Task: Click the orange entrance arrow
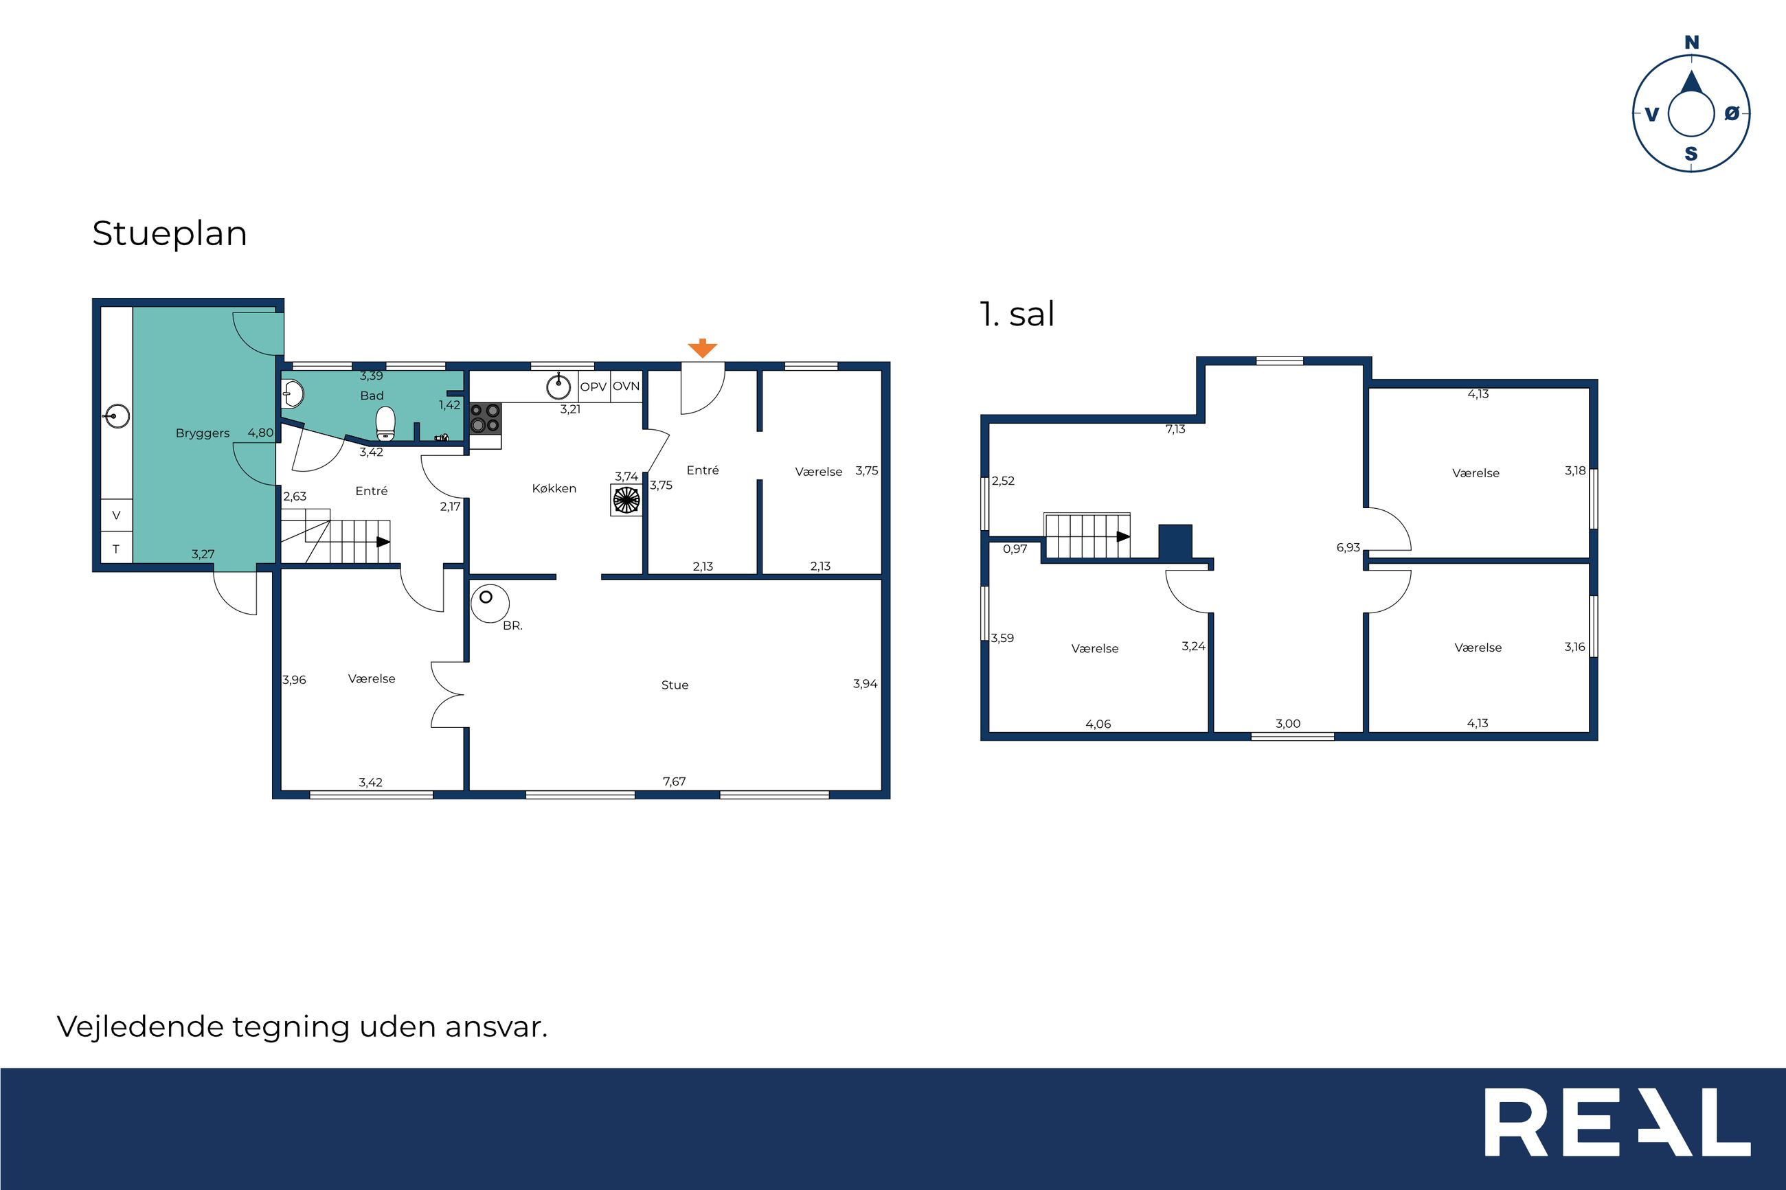[x=702, y=348]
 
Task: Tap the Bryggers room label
[x=202, y=433]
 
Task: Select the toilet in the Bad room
[x=385, y=424]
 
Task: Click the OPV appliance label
[x=593, y=387]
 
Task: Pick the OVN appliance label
[x=626, y=387]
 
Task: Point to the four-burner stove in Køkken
[x=485, y=417]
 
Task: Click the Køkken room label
[x=554, y=489]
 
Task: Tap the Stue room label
[x=675, y=685]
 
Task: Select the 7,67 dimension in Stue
[x=674, y=781]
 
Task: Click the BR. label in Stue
[x=513, y=626]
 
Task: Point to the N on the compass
[x=1692, y=43]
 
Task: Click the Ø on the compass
[x=1731, y=113]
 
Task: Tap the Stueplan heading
[x=169, y=233]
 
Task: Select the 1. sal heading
[x=1017, y=314]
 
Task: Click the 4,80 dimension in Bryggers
[x=260, y=433]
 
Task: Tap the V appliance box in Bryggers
[x=117, y=515]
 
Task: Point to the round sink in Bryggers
[x=117, y=416]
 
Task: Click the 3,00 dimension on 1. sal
[x=1288, y=723]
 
